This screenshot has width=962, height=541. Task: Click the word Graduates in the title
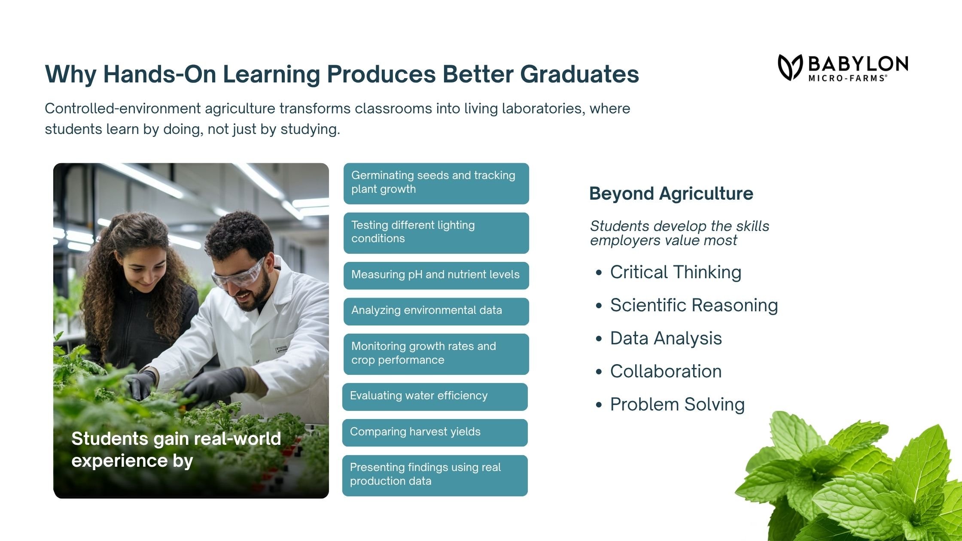coord(580,74)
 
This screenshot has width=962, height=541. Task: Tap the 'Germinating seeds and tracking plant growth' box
coord(436,184)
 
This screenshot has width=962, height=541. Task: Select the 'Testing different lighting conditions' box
coord(436,233)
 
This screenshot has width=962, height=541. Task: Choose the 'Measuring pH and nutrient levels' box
coord(436,276)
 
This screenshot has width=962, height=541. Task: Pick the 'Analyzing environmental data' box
coord(436,311)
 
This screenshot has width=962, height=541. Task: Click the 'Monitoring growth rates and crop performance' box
coord(436,354)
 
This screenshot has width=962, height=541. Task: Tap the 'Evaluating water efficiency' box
coord(435,397)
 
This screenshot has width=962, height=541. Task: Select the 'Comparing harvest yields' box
coord(435,433)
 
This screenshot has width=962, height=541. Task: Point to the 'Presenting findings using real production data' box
coord(435,476)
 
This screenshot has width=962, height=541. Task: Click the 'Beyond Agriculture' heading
coord(671,194)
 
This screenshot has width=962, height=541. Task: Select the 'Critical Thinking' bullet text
coord(676,272)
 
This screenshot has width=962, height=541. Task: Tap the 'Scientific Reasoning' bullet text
coord(694,305)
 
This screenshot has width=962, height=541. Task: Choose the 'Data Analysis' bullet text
coord(666,338)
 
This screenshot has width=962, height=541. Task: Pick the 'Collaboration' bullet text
coord(666,371)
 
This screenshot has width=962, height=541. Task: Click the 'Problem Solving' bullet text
coord(678,404)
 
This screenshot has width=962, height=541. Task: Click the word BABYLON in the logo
coord(858,64)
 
